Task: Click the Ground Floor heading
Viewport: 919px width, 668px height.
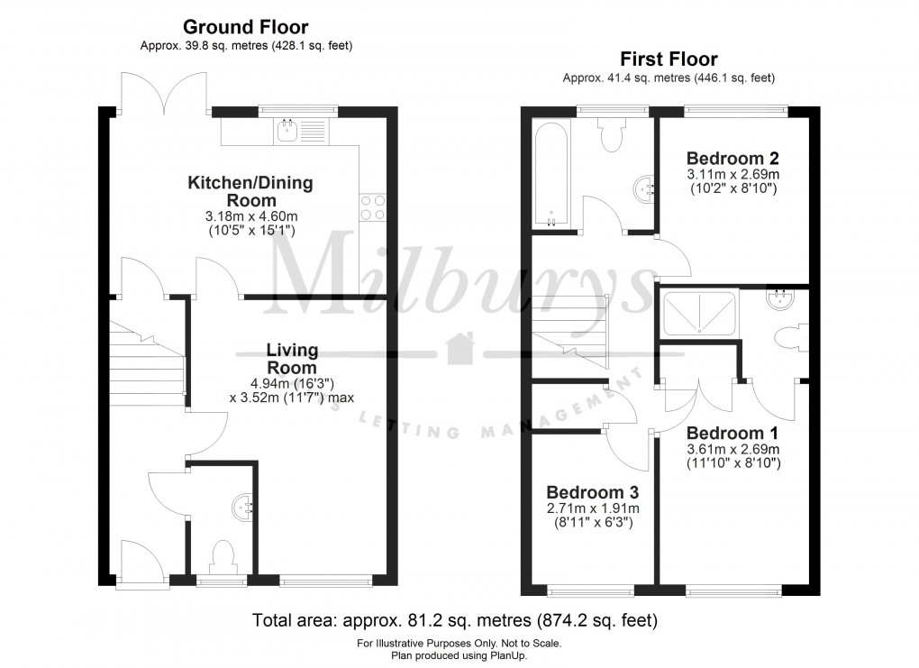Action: point(246,27)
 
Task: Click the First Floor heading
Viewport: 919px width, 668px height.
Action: point(669,59)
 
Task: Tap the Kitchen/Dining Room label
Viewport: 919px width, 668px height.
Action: point(250,191)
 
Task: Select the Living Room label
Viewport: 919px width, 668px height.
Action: point(291,359)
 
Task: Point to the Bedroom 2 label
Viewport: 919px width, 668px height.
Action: point(732,155)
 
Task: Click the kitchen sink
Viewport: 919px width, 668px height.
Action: point(288,131)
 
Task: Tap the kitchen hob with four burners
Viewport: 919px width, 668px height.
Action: point(373,208)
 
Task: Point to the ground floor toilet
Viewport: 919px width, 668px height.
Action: point(221,554)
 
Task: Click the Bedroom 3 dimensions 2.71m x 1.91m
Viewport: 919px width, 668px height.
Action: point(593,508)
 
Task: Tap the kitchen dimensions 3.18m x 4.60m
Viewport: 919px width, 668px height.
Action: point(250,217)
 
